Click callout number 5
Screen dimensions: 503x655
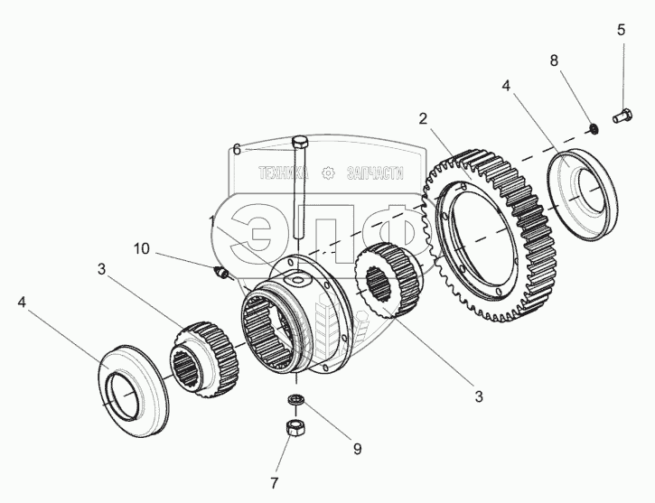pos(621,29)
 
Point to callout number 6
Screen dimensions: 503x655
pos(237,150)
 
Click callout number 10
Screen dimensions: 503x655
pos(142,247)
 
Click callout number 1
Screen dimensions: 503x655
pos(213,220)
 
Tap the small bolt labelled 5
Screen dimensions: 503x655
pos(621,116)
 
